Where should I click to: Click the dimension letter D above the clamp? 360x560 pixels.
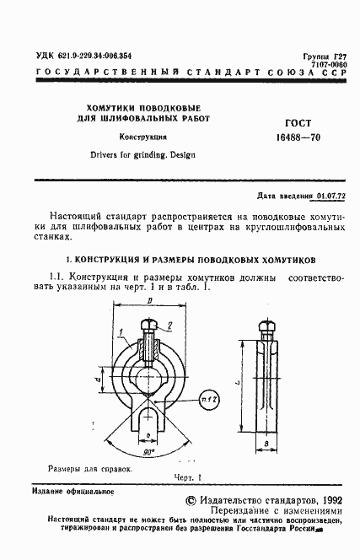(x=149, y=301)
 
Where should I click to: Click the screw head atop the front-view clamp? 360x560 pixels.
(x=149, y=325)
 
